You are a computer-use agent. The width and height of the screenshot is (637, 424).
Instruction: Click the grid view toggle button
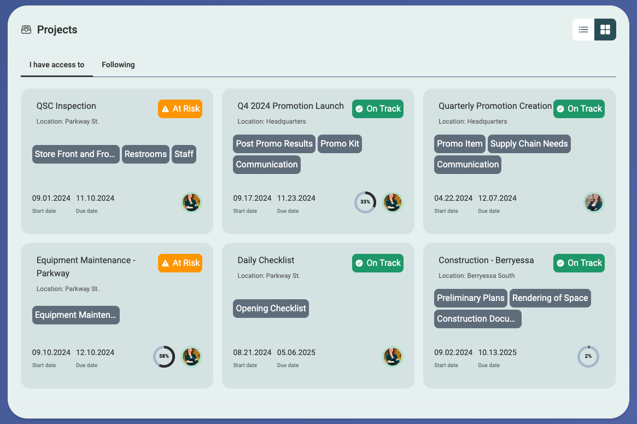tap(605, 30)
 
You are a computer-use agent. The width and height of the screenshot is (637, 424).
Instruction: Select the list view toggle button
tap(583, 30)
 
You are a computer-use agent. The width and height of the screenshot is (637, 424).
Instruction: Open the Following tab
tap(118, 65)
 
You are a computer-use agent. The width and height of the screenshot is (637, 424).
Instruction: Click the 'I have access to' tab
tap(57, 65)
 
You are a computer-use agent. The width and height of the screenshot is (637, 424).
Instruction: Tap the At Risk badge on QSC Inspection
tap(180, 109)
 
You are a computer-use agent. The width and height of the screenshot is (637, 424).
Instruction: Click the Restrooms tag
tap(145, 154)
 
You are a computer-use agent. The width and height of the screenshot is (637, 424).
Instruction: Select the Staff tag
tap(184, 154)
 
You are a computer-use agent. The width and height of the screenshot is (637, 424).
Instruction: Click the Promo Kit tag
tap(340, 144)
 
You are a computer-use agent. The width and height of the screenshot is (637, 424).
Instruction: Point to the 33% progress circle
tap(365, 202)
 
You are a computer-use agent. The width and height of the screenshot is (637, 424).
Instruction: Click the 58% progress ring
tap(164, 356)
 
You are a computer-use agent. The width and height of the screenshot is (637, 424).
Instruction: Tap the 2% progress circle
tap(588, 356)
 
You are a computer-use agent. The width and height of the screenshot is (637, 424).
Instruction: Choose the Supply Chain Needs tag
tap(529, 144)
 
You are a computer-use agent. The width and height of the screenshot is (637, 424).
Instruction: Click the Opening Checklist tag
tap(271, 309)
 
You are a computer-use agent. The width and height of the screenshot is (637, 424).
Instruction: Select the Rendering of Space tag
tap(550, 298)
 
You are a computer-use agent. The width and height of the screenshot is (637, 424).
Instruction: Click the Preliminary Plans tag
tap(470, 298)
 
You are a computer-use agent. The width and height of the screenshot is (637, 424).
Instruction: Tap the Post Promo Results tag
tap(274, 144)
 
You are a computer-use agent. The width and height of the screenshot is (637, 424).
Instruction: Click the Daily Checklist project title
tap(266, 260)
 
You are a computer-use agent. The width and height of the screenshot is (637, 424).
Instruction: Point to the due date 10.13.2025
tap(497, 352)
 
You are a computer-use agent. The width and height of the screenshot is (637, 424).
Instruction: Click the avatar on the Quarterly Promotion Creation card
tap(593, 202)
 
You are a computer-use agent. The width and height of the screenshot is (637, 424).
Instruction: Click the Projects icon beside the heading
tap(26, 30)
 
